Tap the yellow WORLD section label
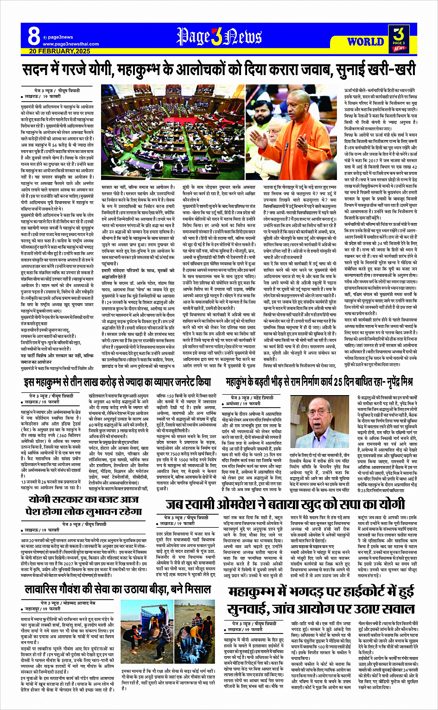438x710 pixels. [x=365, y=42]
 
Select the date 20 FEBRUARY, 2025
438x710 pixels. [x=60, y=51]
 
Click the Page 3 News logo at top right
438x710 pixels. [x=399, y=38]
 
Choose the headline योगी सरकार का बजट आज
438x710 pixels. [x=83, y=500]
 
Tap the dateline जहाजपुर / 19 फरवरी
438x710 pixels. [x=43, y=609]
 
